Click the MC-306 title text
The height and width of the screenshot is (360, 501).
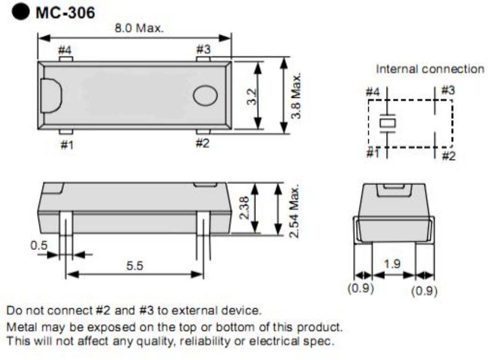click(x=65, y=13)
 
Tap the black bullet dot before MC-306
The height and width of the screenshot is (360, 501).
click(x=21, y=12)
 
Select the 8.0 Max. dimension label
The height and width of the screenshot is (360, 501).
click(x=139, y=28)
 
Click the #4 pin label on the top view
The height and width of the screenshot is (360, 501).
click(x=65, y=50)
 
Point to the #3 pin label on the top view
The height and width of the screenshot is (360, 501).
click(x=204, y=49)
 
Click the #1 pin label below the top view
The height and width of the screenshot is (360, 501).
click(x=67, y=145)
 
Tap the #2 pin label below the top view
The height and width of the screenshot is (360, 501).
click(x=202, y=143)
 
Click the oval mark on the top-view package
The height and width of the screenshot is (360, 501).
click(x=205, y=95)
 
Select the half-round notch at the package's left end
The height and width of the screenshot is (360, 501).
click(x=51, y=96)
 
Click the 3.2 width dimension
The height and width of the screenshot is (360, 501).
click(x=252, y=97)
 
